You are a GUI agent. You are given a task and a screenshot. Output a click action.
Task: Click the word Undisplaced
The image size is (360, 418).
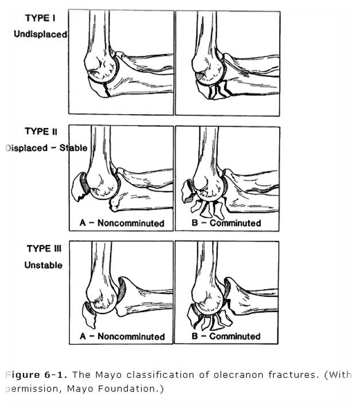(41, 34)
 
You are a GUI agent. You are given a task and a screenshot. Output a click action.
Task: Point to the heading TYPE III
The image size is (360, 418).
(44, 248)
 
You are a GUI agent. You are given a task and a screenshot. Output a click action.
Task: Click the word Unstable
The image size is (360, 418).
(43, 265)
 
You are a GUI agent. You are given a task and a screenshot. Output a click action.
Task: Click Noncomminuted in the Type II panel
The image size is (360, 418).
(131, 223)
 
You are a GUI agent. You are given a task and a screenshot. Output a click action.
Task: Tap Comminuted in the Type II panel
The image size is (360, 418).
(235, 223)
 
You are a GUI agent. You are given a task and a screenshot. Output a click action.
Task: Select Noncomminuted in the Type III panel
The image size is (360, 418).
(131, 337)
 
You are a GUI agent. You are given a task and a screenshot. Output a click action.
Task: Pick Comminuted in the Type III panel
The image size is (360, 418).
(235, 337)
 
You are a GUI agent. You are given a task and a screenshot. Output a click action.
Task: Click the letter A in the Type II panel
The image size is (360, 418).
(83, 223)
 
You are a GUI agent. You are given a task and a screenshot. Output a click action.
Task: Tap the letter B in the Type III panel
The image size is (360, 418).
(195, 337)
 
